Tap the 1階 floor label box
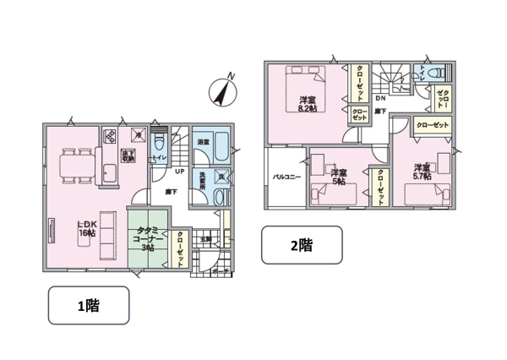coord(88,305)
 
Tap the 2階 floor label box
coord(302,246)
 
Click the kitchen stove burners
coord(110,136)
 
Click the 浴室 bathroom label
coord(204,143)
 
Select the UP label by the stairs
coord(179,172)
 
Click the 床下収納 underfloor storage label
coord(128,155)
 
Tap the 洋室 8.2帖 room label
coord(308,104)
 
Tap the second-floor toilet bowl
coord(440,74)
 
